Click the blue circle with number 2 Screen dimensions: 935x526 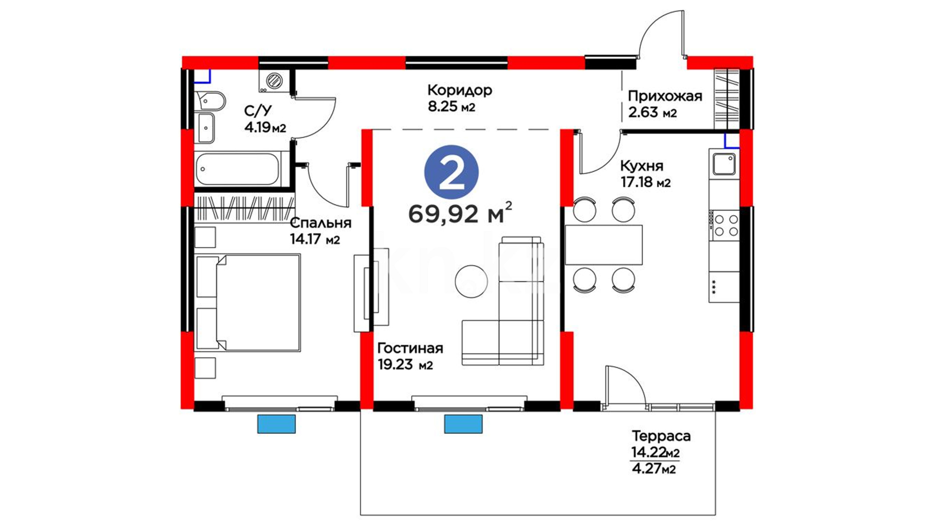[451, 172]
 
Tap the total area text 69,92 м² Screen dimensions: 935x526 [460, 213]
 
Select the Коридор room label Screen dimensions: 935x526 [460, 90]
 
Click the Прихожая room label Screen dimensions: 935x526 [665, 96]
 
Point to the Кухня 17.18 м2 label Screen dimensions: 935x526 [645, 174]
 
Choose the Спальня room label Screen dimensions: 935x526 [320, 223]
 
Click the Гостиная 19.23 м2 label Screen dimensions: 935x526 [410, 356]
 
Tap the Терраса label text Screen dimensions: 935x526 [661, 436]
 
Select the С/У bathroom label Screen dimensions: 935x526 [258, 111]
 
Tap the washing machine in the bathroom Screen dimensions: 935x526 [274, 80]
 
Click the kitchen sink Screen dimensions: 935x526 [724, 164]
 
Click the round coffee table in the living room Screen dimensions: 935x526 [471, 281]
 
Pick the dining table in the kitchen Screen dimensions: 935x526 [604, 244]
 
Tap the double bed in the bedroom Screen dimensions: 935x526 [247, 302]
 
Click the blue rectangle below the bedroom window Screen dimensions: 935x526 [277, 424]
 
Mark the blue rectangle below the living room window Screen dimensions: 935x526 [463, 424]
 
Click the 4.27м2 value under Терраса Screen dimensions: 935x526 [654, 469]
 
